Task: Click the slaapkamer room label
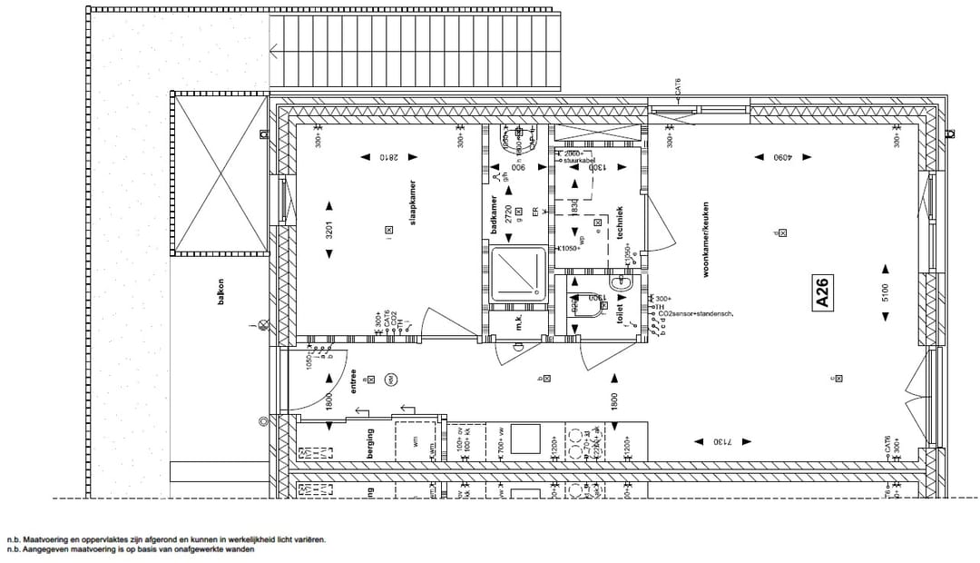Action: [x=412, y=202]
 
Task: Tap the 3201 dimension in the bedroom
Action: [x=330, y=231]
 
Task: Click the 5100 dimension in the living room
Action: [x=886, y=292]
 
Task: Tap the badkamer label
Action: [x=495, y=216]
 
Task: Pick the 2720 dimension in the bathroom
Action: [x=508, y=214]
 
